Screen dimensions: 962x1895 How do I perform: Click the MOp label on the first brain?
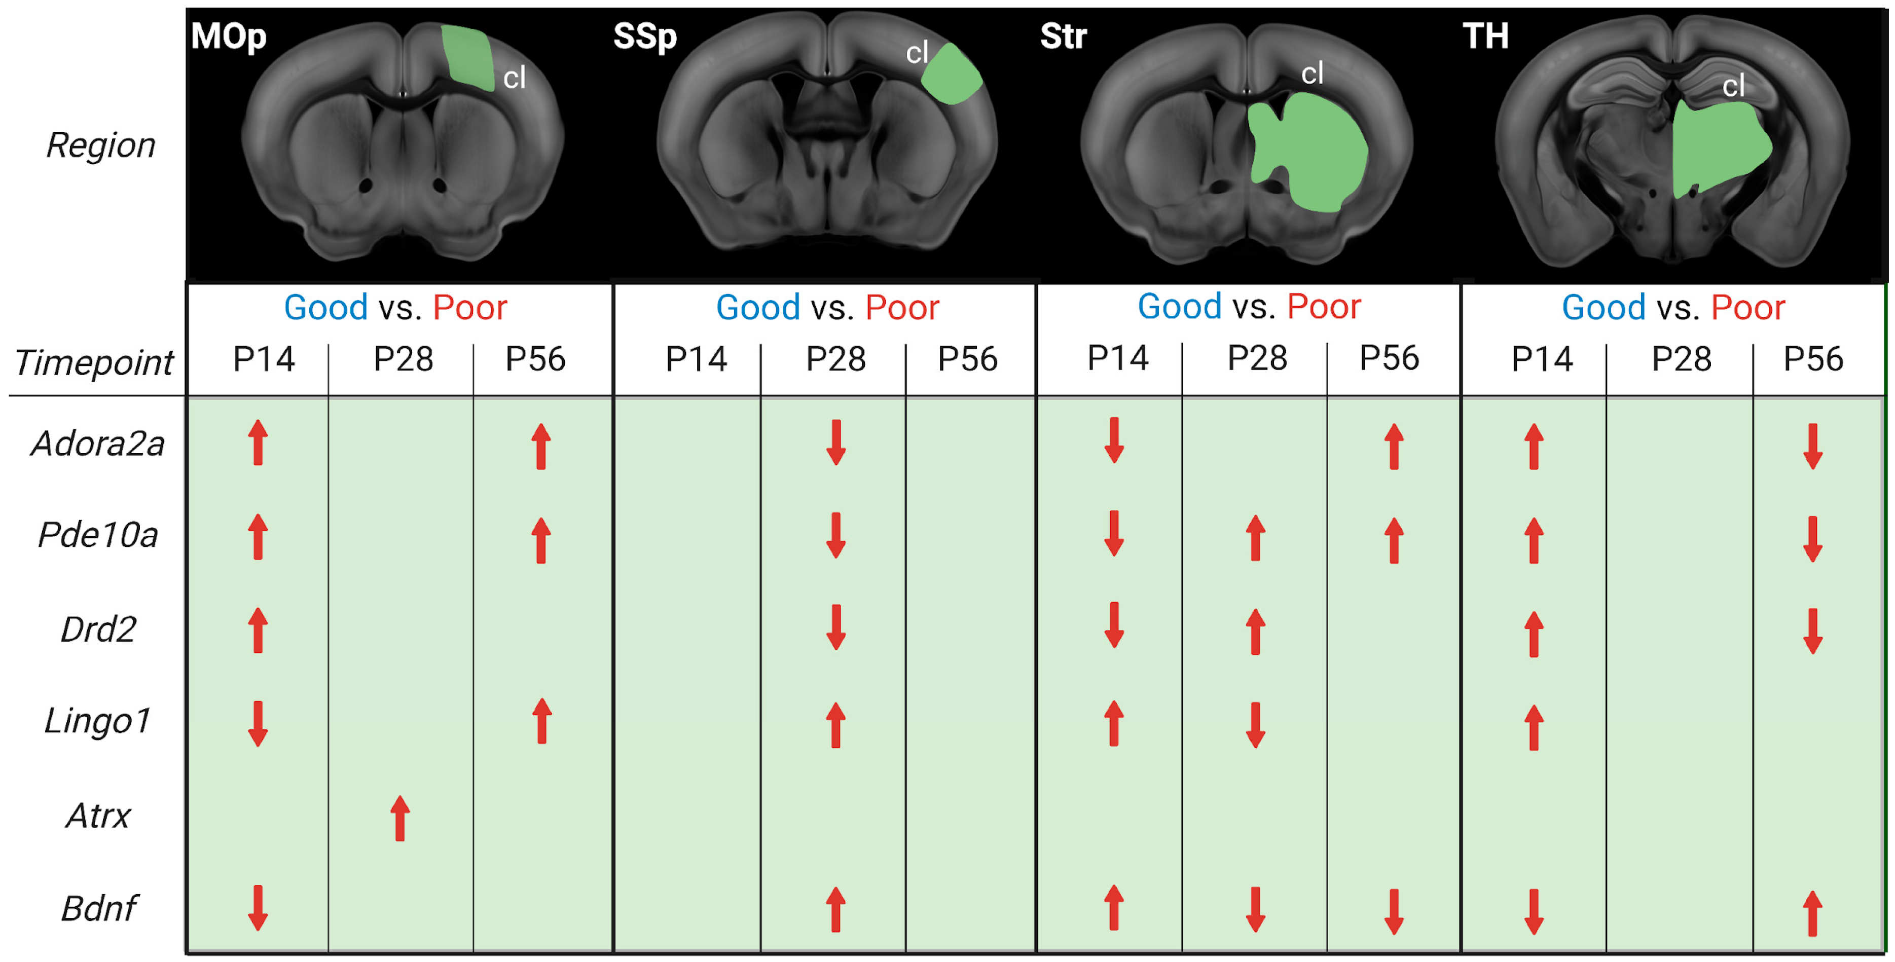228,37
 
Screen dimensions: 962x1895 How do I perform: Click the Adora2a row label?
98,444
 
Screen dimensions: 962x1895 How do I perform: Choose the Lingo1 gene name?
98,721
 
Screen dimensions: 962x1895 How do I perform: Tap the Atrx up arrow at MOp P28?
399,818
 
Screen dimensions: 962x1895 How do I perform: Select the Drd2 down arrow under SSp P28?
835,627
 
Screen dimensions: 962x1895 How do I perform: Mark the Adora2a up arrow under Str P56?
1393,447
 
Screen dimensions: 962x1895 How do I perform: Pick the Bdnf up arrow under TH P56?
1812,913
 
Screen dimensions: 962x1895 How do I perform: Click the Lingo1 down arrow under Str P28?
1255,725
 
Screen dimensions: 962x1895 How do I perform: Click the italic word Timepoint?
93,362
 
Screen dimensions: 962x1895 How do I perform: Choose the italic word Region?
101,145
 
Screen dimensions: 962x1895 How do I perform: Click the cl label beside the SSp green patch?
917,53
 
